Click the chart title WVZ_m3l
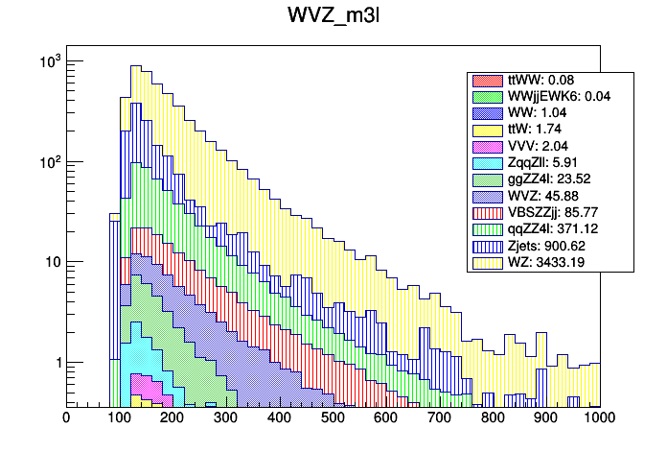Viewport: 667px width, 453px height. (x=333, y=16)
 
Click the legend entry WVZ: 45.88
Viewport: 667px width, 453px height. (x=540, y=197)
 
